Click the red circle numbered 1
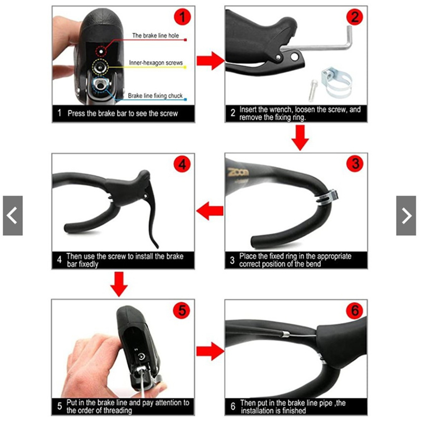tap(182, 17)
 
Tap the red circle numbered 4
tap(182, 164)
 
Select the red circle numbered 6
tap(355, 310)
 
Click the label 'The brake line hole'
tap(155, 35)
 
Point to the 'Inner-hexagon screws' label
tap(156, 63)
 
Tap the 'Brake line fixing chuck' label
tap(155, 95)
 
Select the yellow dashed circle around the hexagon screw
tap(100, 67)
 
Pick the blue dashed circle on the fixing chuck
tap(100, 85)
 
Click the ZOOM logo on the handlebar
tap(238, 172)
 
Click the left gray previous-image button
tap(13, 216)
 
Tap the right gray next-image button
tap(406, 216)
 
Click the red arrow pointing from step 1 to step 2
tap(210, 61)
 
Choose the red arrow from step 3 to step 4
tap(210, 211)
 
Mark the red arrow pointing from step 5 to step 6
tap(210, 351)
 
